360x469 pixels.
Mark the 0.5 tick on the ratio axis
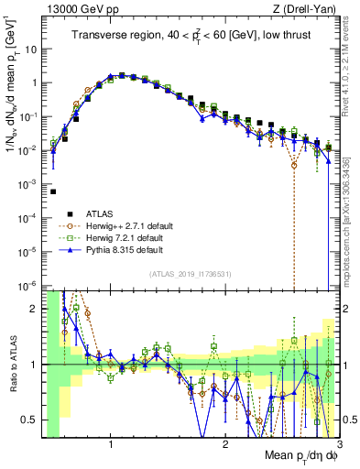click(31, 420)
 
